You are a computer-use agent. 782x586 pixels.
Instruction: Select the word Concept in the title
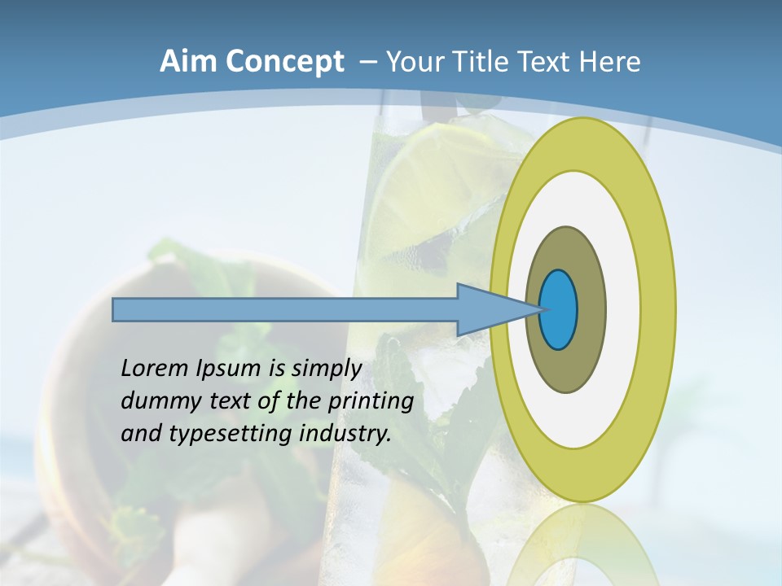pyautogui.click(x=286, y=62)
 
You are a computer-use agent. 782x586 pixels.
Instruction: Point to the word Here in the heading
pyautogui.click(x=609, y=62)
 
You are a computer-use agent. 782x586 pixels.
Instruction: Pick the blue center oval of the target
pyautogui.click(x=558, y=310)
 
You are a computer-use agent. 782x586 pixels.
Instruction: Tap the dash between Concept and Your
pyautogui.click(x=367, y=62)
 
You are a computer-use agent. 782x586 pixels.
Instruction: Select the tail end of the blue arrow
pyautogui.click(x=116, y=310)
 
